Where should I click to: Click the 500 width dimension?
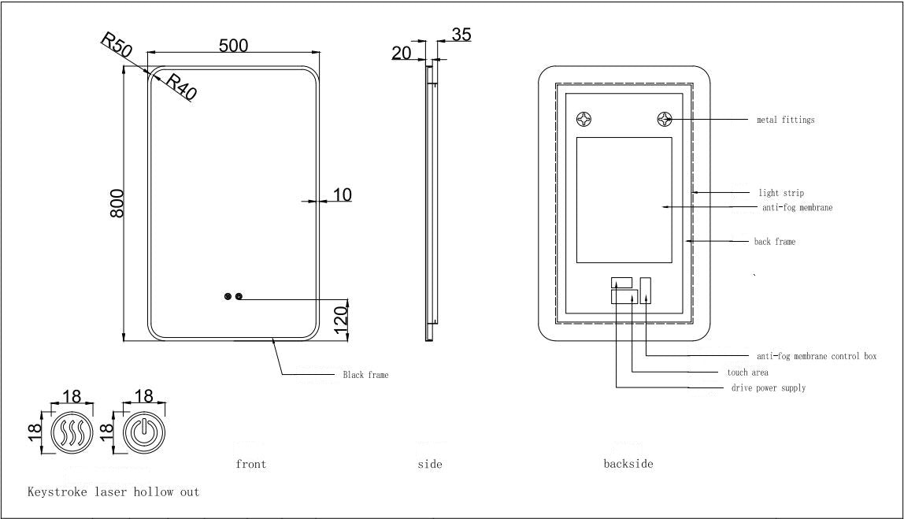point(233,46)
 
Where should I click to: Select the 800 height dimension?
point(117,203)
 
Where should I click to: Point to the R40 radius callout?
point(180,87)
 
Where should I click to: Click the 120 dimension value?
point(341,319)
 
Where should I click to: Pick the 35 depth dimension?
point(461,35)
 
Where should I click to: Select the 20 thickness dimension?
point(402,53)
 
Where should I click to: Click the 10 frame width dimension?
point(343,194)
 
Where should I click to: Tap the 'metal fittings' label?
point(785,120)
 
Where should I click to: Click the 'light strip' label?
point(781,193)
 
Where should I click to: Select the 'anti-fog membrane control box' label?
point(816,357)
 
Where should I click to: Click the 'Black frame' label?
point(365,376)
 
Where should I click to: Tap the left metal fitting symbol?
point(584,120)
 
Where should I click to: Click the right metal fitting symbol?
point(665,120)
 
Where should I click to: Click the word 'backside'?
point(628,464)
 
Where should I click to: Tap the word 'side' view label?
point(429,464)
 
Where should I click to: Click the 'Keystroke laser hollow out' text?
point(113,492)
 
